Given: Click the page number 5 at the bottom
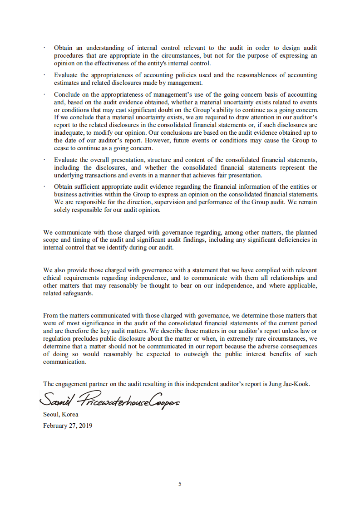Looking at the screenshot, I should click(180, 484).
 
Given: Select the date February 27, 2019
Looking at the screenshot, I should click(68, 426).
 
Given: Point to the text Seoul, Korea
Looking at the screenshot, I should click(60, 414).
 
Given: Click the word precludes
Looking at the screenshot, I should click(85, 338).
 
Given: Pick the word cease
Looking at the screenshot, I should click(61, 148).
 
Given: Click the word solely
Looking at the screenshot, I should click(63, 210).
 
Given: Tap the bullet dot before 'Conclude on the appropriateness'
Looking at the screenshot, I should click(45, 94).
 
